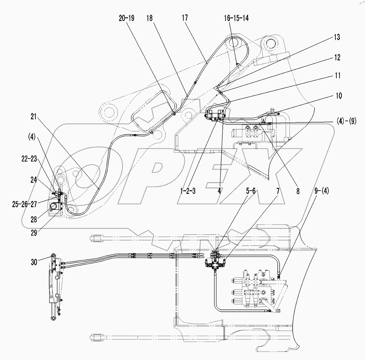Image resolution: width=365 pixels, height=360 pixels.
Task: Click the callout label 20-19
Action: click(x=126, y=18)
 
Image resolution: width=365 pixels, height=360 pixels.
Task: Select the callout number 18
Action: click(x=149, y=18)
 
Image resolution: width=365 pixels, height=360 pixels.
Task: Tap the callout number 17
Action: click(x=185, y=18)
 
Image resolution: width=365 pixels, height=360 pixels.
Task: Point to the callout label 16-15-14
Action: click(x=236, y=18)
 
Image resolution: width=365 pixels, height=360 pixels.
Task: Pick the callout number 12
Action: click(x=337, y=58)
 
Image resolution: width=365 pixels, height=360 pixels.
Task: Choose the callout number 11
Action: click(x=337, y=76)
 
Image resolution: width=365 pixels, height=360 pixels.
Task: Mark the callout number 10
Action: click(x=339, y=96)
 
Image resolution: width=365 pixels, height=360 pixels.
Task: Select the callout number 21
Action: click(x=34, y=117)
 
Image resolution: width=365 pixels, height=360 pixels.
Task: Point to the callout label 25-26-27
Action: click(x=25, y=204)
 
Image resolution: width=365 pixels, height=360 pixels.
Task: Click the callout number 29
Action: click(x=34, y=233)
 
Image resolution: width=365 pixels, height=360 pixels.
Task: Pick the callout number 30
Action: click(x=34, y=262)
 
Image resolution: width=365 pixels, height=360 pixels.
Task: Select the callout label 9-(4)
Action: click(x=321, y=191)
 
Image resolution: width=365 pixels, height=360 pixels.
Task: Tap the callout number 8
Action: click(x=298, y=191)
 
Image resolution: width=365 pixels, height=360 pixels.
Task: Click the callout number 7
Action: click(x=278, y=191)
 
